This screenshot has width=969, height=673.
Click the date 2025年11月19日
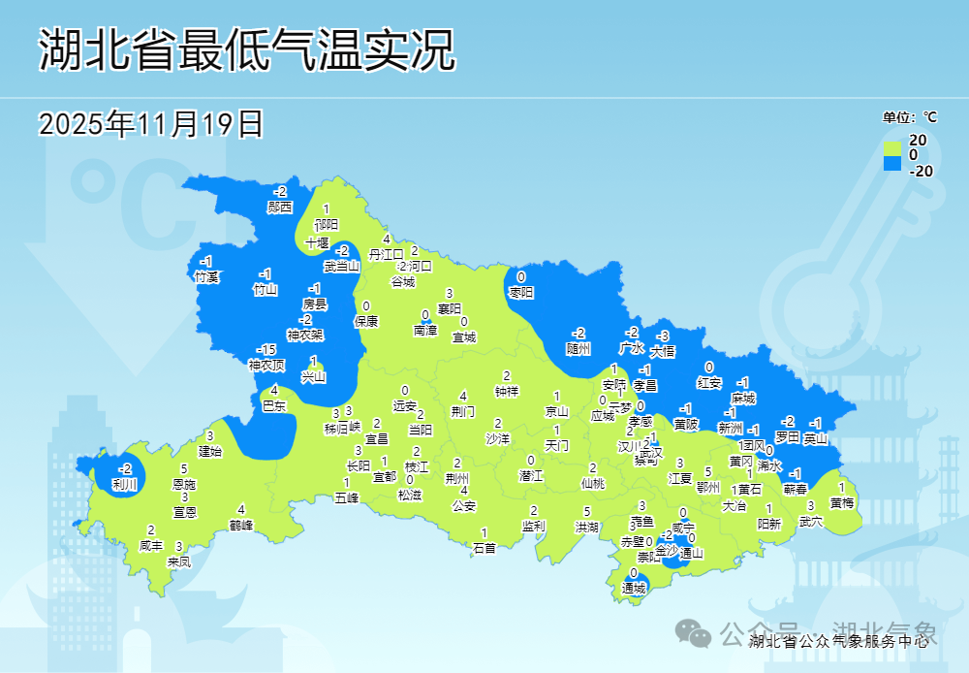[151, 123]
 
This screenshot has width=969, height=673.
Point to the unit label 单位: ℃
[910, 117]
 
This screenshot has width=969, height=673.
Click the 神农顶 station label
[266, 365]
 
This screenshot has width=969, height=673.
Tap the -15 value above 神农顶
[266, 349]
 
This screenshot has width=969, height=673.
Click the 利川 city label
[125, 484]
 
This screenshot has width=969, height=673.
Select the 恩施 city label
[184, 483]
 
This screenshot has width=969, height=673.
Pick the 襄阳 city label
[450, 308]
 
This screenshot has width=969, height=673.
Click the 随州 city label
[578, 348]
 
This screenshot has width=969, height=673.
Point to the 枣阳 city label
[521, 292]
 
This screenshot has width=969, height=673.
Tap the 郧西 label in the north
[280, 207]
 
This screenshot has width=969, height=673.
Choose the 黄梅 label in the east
[842, 502]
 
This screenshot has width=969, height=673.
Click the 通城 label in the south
[634, 589]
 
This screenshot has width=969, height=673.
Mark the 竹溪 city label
[206, 277]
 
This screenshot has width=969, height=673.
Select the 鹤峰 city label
[241, 525]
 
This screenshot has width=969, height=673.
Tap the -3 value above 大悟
[664, 336]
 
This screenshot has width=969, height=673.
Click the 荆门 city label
[463, 411]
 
